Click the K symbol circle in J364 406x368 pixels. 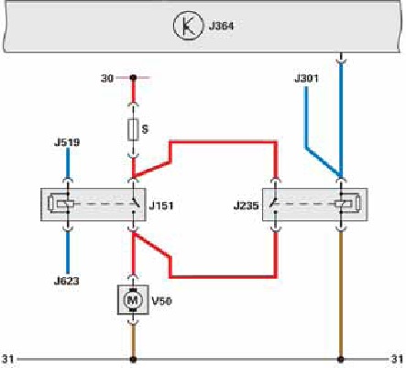click(188, 25)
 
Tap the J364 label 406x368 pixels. click(221, 26)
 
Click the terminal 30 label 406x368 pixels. click(107, 78)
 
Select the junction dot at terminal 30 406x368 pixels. click(133, 78)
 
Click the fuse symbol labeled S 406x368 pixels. click(133, 129)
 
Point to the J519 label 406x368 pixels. click(67, 142)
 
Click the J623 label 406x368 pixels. click(67, 281)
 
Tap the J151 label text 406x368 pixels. click(161, 206)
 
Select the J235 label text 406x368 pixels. click(246, 206)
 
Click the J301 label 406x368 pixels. click(306, 78)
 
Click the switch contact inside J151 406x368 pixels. click(135, 204)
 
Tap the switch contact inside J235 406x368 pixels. click(274, 204)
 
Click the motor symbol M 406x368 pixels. click(133, 300)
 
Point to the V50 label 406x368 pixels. click(162, 301)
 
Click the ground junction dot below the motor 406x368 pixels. click(133, 359)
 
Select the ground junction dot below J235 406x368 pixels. click(340, 359)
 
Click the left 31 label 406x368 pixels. click(8, 359)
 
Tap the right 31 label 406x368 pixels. click(397, 359)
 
